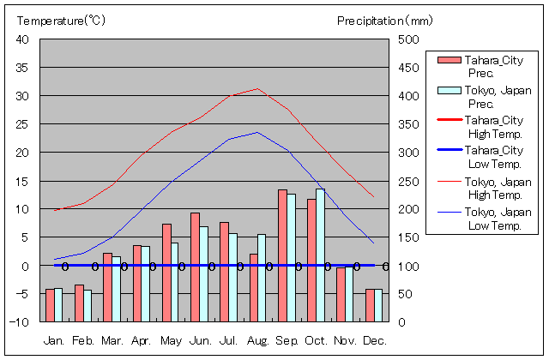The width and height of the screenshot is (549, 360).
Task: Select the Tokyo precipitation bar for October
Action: (320, 255)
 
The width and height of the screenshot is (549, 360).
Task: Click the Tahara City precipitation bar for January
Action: (50, 305)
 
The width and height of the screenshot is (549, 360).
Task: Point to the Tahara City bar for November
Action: (341, 294)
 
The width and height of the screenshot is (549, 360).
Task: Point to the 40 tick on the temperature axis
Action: (22, 40)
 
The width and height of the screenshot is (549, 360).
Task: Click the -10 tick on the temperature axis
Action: (20, 322)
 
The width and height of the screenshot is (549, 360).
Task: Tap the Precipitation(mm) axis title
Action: (385, 20)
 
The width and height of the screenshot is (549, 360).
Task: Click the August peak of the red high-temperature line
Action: (257, 88)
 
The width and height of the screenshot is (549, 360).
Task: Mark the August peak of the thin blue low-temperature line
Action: (257, 132)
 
